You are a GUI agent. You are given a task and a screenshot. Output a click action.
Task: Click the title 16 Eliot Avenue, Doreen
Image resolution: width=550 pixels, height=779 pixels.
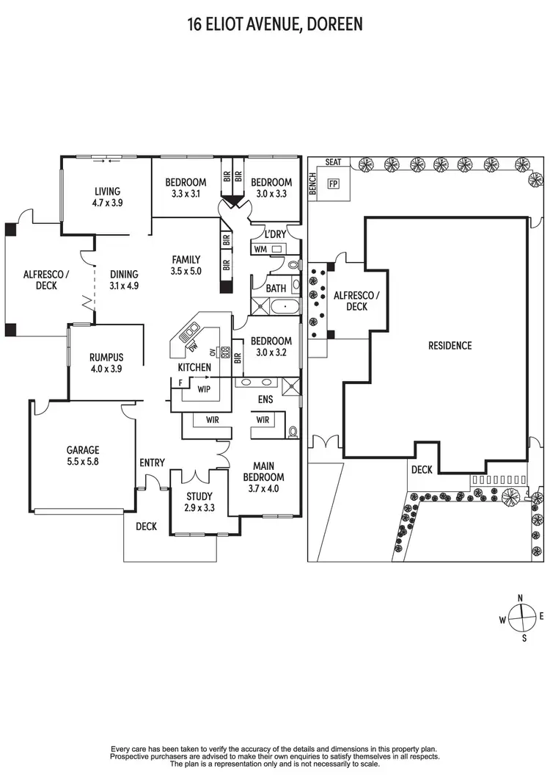(275, 25)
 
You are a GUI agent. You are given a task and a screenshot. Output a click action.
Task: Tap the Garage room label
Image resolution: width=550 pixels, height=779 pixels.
(83, 456)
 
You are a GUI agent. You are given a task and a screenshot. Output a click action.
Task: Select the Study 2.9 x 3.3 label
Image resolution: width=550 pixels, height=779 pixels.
(199, 501)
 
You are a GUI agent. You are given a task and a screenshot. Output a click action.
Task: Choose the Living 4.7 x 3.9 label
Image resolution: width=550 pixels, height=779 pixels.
(107, 196)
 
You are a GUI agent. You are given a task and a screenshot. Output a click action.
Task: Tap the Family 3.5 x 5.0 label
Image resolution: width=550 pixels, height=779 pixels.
(186, 265)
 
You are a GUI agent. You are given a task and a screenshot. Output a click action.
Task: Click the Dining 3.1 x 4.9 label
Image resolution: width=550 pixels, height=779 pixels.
(124, 280)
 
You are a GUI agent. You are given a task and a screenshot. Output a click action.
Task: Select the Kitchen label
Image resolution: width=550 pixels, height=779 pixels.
(194, 367)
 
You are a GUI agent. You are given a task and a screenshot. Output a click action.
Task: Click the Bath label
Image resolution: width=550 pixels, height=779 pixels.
(276, 289)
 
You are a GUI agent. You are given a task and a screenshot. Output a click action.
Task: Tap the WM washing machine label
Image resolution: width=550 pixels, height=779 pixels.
(260, 250)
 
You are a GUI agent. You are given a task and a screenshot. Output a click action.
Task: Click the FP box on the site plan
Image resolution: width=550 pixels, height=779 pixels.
(334, 184)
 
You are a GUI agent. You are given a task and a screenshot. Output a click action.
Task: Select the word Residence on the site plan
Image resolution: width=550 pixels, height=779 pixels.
(450, 346)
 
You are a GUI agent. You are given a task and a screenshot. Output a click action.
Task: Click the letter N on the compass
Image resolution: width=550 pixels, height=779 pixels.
(521, 598)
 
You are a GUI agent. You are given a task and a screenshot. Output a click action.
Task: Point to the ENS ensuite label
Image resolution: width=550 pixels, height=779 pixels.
(265, 400)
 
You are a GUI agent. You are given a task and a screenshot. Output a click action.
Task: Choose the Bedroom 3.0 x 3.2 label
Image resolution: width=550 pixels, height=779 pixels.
(271, 347)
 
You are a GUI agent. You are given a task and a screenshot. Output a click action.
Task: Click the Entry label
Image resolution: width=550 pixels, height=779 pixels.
(152, 463)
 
